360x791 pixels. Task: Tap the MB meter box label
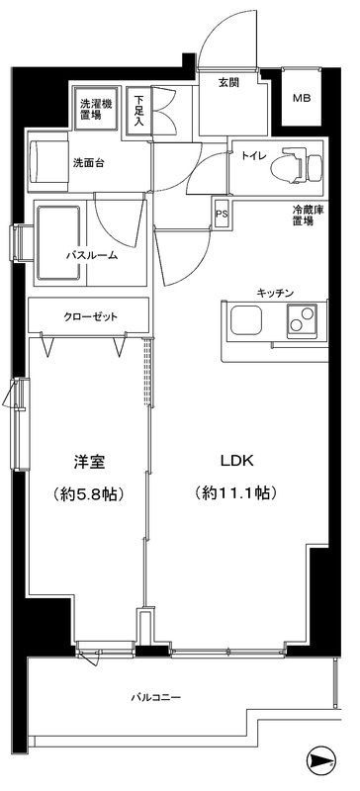[x=299, y=98]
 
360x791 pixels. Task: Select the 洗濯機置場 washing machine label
[x=96, y=107]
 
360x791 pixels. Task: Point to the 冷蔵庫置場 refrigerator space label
[x=303, y=217]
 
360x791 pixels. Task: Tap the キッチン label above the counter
[x=274, y=294]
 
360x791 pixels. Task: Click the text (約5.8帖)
[x=89, y=491]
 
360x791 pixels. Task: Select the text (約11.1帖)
[x=235, y=491]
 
